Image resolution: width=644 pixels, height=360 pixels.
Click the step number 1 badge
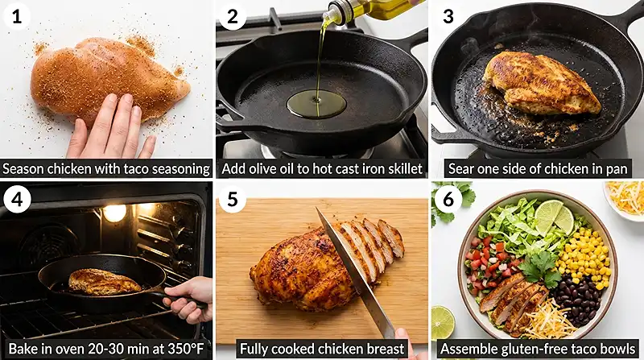(x=16, y=16)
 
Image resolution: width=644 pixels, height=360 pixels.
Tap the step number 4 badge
(x=16, y=199)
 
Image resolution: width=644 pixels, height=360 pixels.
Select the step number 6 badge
(x=448, y=199)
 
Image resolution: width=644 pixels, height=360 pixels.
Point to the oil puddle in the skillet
(x=316, y=105)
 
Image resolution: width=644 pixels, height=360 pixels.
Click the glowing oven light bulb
(x=114, y=213)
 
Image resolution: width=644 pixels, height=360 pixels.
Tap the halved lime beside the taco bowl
(x=443, y=324)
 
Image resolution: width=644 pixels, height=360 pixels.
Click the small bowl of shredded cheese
(x=625, y=199)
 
